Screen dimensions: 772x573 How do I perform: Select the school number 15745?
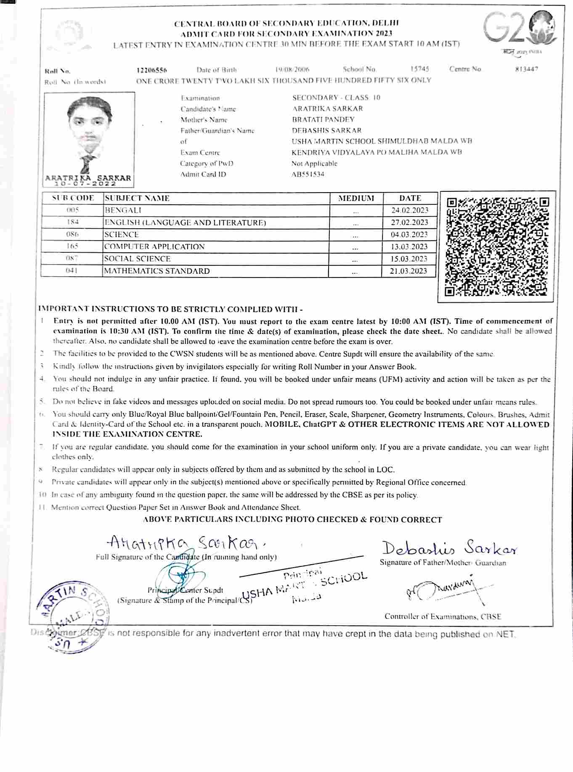point(419,69)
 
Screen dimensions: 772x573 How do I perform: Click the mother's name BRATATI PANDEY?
point(323,119)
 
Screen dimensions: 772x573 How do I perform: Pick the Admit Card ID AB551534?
point(308,174)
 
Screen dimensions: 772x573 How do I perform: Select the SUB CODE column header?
point(72,198)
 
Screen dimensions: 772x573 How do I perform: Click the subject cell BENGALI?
point(123,210)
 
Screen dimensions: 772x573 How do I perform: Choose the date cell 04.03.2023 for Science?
point(409,234)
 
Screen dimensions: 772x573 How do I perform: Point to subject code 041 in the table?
point(72,271)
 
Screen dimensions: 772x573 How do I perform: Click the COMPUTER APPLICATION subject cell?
point(154,246)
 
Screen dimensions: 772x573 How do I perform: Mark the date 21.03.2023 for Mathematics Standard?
point(408,271)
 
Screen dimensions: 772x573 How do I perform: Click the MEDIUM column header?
point(356,198)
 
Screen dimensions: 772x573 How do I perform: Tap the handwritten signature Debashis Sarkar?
point(449,548)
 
